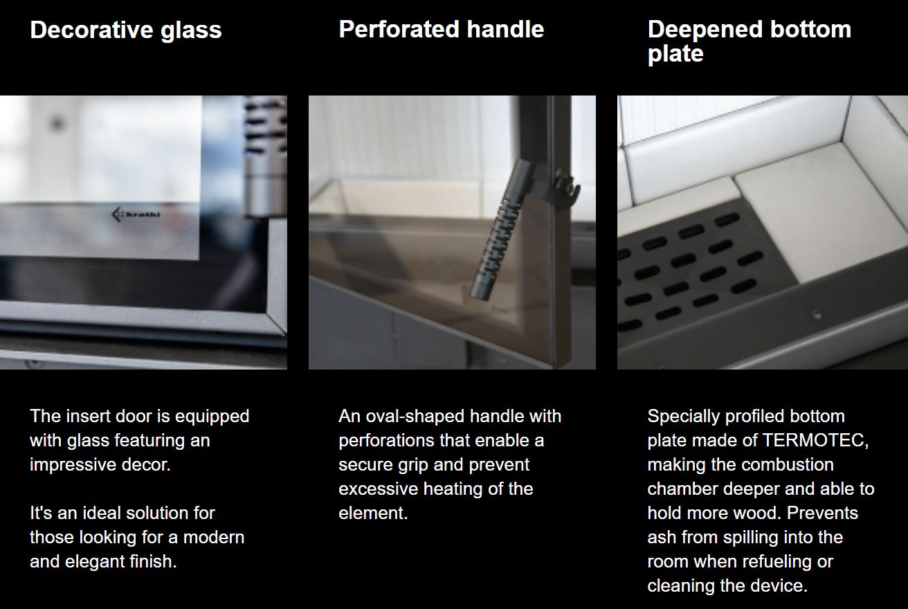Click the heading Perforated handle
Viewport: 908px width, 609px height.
(442, 29)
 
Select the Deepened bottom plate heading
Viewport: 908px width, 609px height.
(749, 41)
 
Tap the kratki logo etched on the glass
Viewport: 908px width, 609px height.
(136, 215)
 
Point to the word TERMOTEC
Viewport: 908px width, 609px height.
(815, 440)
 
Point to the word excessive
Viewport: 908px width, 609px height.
(378, 489)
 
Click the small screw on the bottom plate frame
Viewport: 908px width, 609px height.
(817, 314)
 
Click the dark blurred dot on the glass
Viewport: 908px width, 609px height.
(57, 123)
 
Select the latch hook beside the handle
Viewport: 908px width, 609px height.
(567, 187)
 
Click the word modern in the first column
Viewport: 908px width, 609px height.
(214, 538)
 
